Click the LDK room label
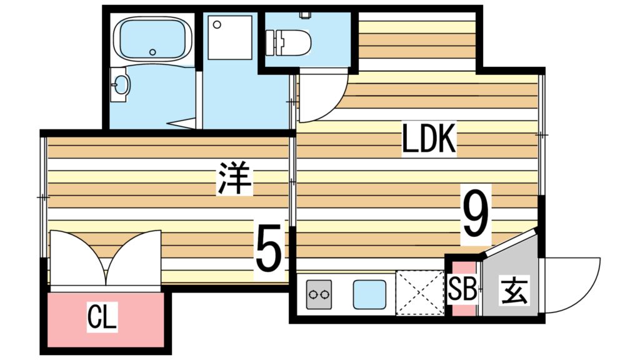(430, 141)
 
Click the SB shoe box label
(463, 290)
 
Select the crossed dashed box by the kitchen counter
(419, 291)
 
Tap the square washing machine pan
(231, 37)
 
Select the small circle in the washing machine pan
(217, 24)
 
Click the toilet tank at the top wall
(305, 14)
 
